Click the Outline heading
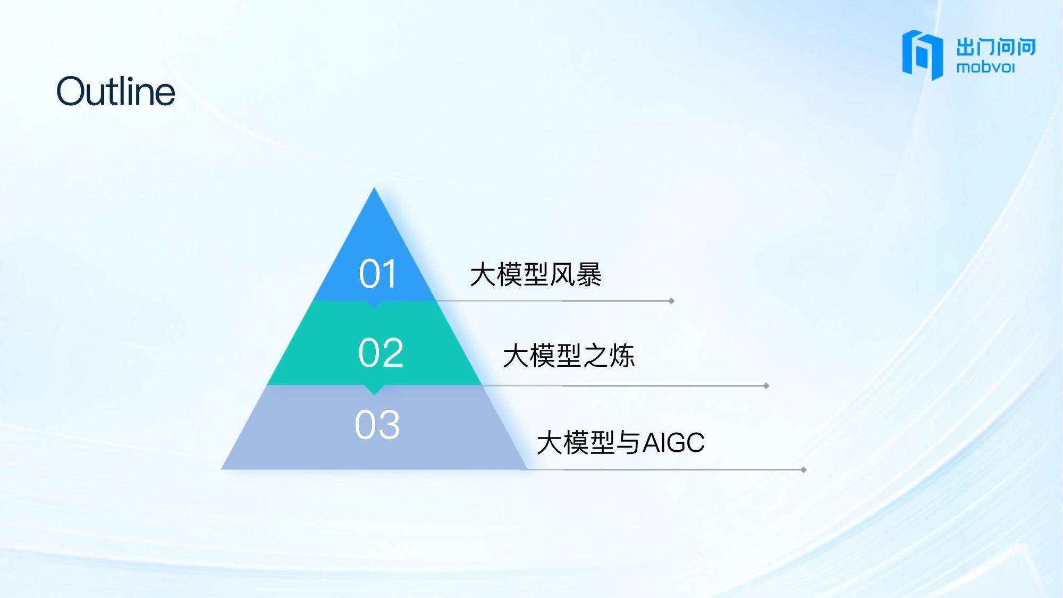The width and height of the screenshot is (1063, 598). (x=116, y=91)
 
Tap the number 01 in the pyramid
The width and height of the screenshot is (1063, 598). (x=378, y=274)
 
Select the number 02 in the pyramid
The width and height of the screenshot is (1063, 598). (x=381, y=352)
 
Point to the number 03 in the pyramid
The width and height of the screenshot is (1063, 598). (x=377, y=425)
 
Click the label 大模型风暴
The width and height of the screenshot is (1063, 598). (x=536, y=275)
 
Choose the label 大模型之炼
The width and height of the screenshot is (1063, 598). (x=569, y=356)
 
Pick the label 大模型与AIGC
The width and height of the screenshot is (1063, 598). (x=621, y=442)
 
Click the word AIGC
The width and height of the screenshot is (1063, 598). (x=674, y=442)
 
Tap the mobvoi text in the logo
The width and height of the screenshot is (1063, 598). (x=986, y=68)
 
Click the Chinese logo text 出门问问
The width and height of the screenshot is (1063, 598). (x=996, y=47)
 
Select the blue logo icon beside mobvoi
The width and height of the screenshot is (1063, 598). (x=922, y=55)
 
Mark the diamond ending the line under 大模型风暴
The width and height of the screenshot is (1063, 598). (x=671, y=301)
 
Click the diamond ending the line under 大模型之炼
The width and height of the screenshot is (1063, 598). (x=766, y=386)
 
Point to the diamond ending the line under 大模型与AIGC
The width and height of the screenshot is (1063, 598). (x=804, y=470)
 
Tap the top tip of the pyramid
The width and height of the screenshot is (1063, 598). (x=374, y=188)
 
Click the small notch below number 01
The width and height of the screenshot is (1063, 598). (x=374, y=305)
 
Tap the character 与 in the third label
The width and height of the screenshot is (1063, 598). (x=629, y=443)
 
